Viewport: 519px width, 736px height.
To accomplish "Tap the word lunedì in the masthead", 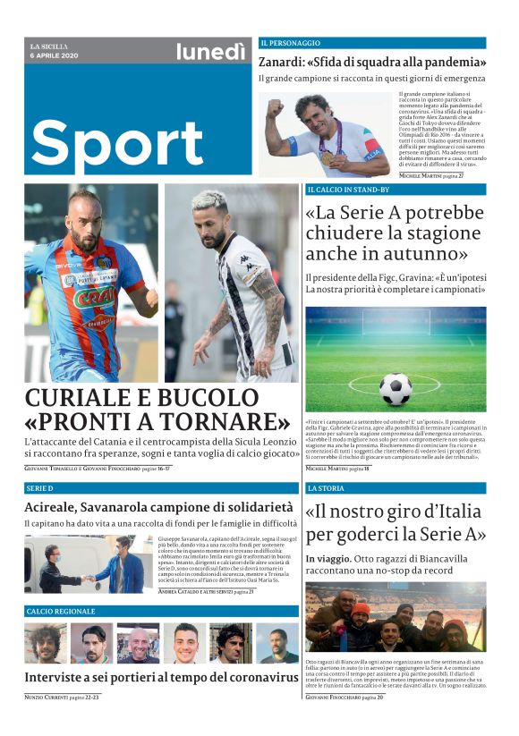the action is pyautogui.click(x=210, y=52).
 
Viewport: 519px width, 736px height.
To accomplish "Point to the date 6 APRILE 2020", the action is pyautogui.click(x=55, y=56).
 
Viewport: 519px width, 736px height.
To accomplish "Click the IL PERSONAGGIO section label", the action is pyautogui.click(x=290, y=43).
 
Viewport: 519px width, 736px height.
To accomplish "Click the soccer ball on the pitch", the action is pyautogui.click(x=395, y=389).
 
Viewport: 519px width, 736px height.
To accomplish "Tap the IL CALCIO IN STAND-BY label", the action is pyautogui.click(x=348, y=190).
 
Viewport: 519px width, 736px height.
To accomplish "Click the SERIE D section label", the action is pyautogui.click(x=40, y=489).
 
